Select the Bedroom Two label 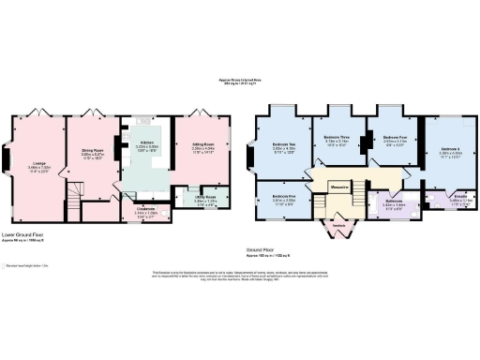(283, 145)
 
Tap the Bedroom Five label (283, 197)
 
